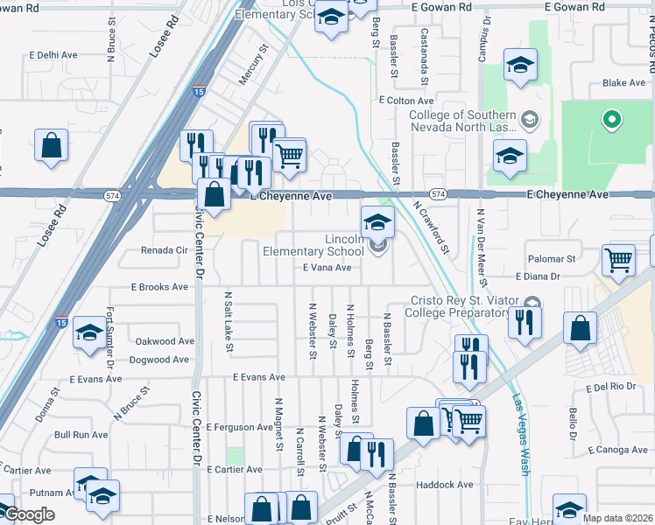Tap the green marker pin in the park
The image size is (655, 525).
tap(611, 119)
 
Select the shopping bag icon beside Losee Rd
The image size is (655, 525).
tap(52, 145)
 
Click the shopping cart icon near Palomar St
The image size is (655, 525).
tap(618, 260)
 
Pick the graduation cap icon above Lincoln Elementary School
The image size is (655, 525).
tap(377, 222)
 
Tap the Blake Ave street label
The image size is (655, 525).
tap(623, 83)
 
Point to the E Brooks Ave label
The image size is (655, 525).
tap(159, 286)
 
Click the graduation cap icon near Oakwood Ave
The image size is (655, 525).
tap(88, 332)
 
